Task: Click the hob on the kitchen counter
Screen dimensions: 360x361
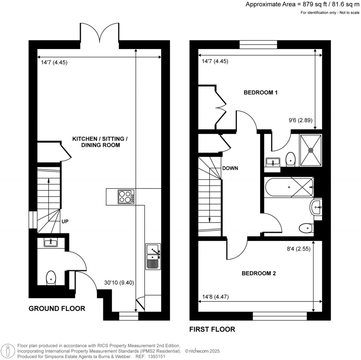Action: (126, 197)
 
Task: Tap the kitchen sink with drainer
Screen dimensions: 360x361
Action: (153, 257)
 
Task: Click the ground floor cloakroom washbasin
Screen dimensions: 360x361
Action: (51, 242)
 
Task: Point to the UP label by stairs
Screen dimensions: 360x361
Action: (65, 222)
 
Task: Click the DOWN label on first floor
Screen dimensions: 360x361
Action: (230, 168)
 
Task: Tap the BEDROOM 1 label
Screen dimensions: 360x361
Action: (261, 93)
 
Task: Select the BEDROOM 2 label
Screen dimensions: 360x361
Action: (258, 273)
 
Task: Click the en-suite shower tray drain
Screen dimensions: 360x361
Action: (311, 150)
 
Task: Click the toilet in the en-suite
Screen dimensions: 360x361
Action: (290, 158)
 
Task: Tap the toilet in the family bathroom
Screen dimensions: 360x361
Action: (306, 229)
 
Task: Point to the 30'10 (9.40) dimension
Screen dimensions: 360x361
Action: (119, 283)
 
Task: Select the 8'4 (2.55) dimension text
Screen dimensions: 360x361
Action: (298, 248)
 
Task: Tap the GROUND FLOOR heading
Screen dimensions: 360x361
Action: (57, 308)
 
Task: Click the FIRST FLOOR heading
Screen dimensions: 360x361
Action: (212, 329)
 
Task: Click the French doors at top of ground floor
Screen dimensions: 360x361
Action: (100, 34)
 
